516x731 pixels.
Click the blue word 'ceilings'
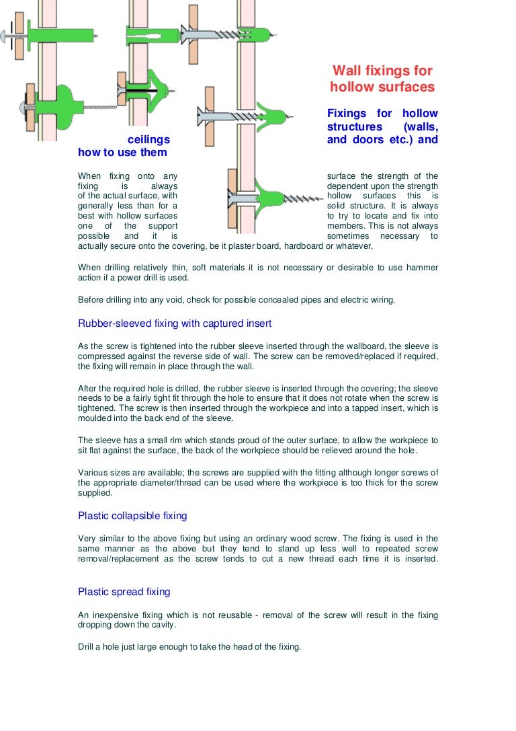(x=148, y=140)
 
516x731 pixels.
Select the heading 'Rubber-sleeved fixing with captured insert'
(x=175, y=323)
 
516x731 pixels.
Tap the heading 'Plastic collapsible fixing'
(x=132, y=516)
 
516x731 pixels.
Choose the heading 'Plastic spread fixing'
(x=124, y=592)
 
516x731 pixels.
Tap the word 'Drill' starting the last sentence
(x=87, y=647)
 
